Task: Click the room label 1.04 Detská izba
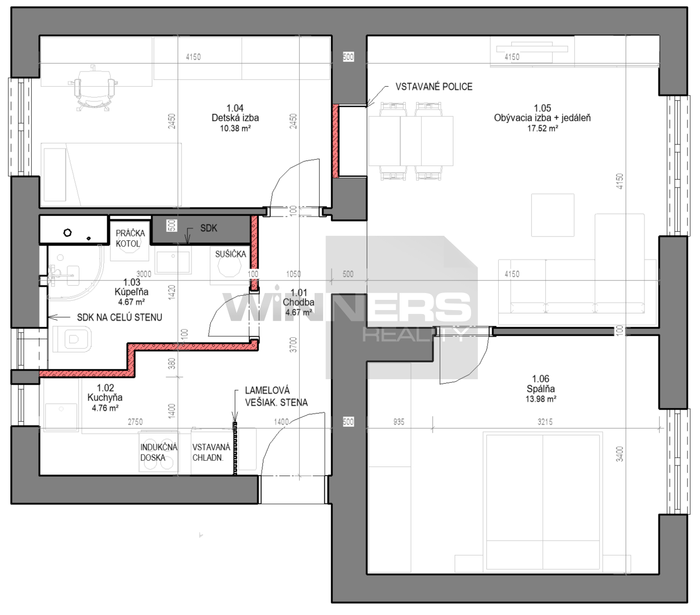point(235,113)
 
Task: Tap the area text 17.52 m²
point(542,129)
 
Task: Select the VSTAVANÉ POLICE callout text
point(434,86)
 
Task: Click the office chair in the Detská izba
point(92,87)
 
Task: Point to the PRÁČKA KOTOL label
point(130,239)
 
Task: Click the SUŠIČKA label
point(231,255)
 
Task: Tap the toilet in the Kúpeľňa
point(73,338)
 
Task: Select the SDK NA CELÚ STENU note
point(120,317)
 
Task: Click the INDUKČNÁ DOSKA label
point(159,452)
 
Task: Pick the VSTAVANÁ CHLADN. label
point(211,452)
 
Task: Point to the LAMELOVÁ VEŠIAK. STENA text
point(276,396)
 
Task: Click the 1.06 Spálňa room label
point(541,384)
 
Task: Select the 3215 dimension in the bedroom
point(545,422)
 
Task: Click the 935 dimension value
point(398,422)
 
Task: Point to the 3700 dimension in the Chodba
point(294,345)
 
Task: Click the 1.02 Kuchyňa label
point(105,393)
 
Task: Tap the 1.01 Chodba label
point(299,298)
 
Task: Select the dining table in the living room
point(411,141)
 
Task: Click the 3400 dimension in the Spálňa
point(620,453)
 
